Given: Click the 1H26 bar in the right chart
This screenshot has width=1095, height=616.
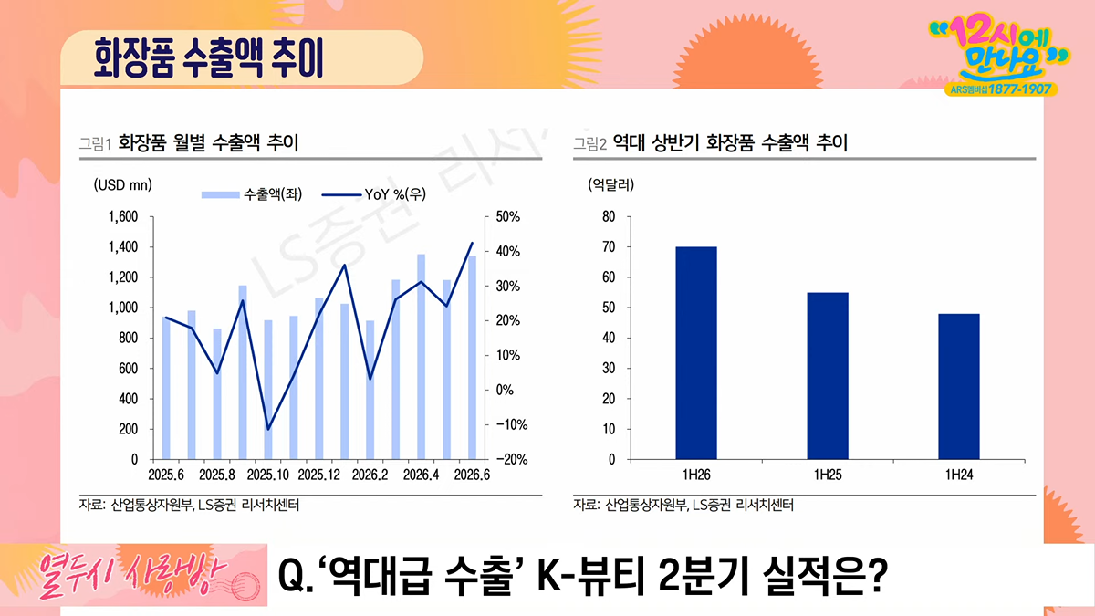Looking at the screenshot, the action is (x=696, y=353).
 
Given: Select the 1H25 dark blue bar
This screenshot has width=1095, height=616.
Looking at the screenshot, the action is (x=828, y=376).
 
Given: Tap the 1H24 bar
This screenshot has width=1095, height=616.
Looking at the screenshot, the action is (x=959, y=387).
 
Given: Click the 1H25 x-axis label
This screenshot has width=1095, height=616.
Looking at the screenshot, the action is (x=828, y=475).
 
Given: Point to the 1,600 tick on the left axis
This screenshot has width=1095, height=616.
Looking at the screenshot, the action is (x=123, y=216).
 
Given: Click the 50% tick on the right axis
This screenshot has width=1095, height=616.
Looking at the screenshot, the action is (x=508, y=216).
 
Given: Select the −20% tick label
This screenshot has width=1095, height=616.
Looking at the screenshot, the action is (x=512, y=460).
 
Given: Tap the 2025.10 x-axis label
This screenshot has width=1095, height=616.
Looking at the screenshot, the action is (x=268, y=475).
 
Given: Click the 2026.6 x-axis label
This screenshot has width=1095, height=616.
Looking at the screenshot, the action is (x=472, y=475).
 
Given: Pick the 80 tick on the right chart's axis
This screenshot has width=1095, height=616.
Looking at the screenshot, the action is (x=609, y=216).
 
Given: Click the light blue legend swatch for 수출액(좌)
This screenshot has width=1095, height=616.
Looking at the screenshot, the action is (x=221, y=195).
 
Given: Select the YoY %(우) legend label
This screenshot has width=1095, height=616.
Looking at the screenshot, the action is (x=395, y=194).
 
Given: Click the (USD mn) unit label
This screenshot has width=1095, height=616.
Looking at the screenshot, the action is (x=122, y=184).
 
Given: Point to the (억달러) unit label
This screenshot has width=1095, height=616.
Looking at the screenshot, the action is (x=611, y=184).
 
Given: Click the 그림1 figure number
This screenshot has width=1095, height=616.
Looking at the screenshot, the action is (x=95, y=144).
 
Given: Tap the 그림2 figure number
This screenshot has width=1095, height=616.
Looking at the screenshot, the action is (x=590, y=144).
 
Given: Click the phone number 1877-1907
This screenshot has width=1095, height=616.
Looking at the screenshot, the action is (x=1020, y=89).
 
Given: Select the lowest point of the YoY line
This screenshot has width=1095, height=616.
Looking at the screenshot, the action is (x=268, y=429).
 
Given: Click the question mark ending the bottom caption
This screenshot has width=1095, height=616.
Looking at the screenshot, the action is (x=878, y=576).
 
